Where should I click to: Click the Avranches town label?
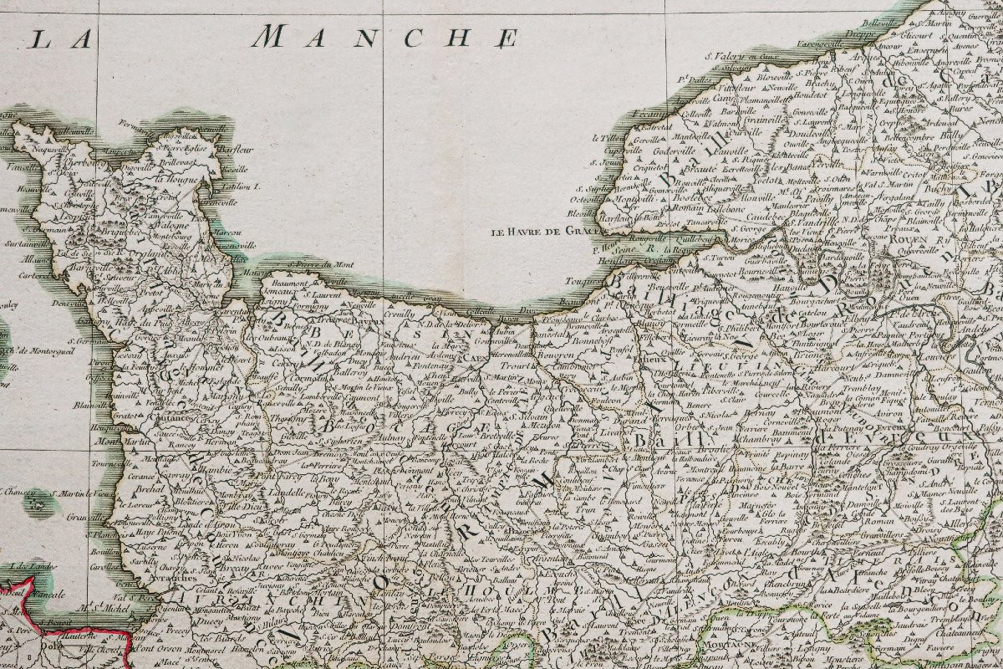[176, 577]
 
